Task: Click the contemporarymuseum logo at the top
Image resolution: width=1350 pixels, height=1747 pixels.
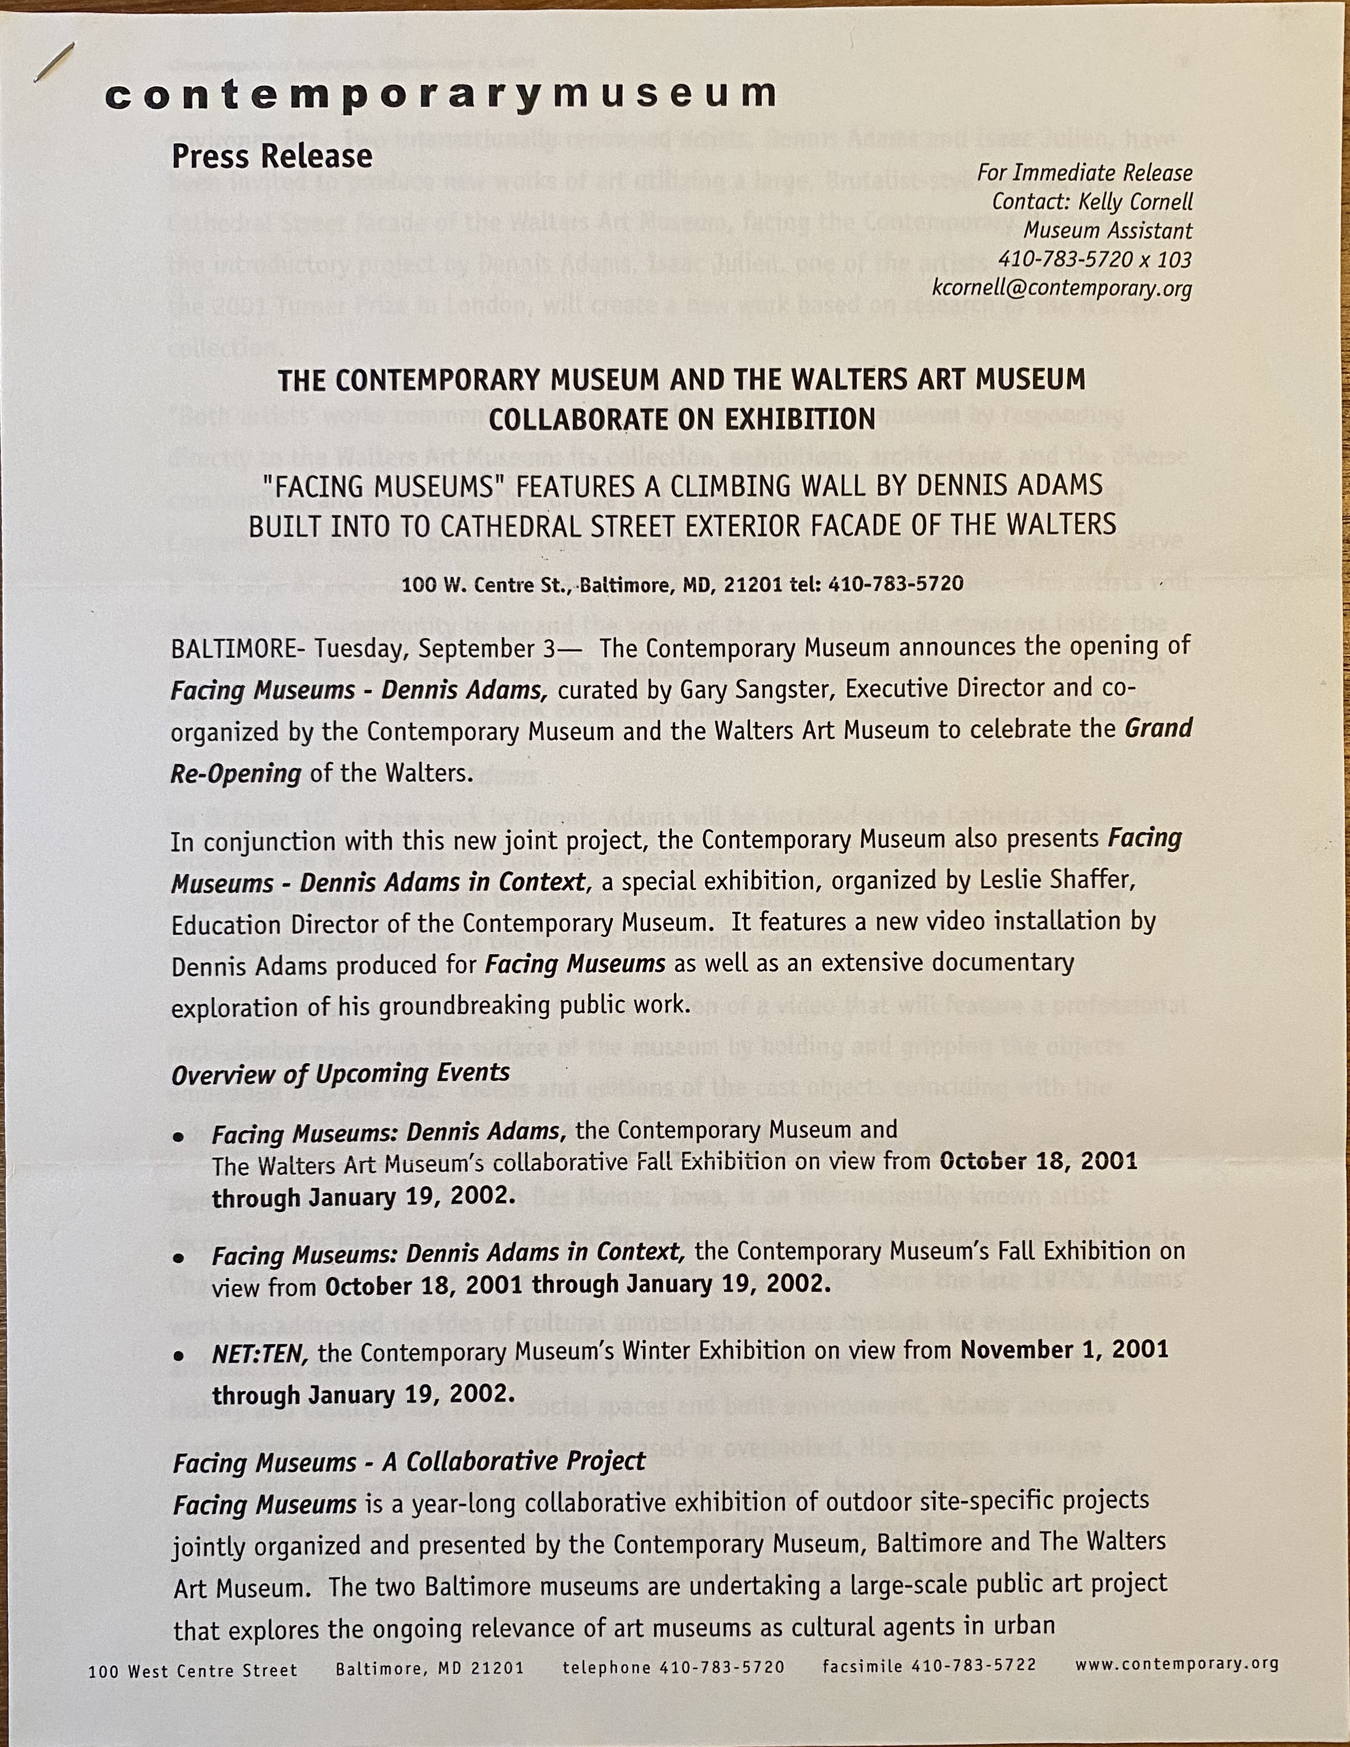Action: [x=440, y=95]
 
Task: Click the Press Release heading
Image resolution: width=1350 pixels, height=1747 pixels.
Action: [x=272, y=156]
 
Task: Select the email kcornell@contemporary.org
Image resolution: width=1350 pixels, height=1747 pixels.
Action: [x=1061, y=288]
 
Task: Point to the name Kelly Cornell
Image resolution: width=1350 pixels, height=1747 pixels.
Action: [x=1136, y=202]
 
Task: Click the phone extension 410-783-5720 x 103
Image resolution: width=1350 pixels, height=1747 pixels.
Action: [x=1094, y=259]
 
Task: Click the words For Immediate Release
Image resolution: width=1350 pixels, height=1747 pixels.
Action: [x=1085, y=173]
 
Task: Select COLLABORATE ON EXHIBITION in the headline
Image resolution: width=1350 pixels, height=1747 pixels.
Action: [x=681, y=419]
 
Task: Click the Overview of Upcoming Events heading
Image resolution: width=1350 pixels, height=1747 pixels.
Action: [x=341, y=1073]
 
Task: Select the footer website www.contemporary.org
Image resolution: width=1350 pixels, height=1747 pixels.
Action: [x=1177, y=1664]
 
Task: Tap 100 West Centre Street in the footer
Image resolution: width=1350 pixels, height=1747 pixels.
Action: [x=193, y=1670]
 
